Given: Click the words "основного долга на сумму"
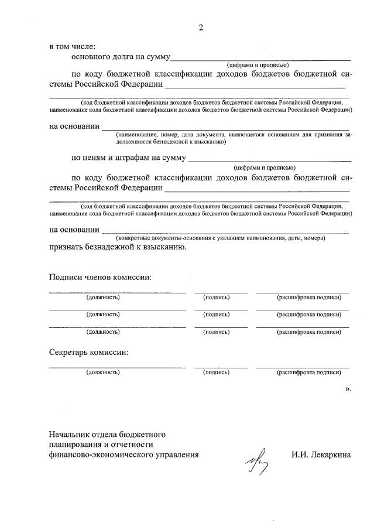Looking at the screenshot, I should [x=121, y=57].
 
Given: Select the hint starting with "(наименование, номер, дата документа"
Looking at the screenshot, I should [x=234, y=138].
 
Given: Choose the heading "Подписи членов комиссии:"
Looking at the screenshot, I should [x=100, y=277].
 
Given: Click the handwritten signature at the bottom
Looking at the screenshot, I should [x=258, y=460].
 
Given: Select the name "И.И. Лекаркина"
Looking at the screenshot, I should [x=321, y=454].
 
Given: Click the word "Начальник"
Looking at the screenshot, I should [x=70, y=435].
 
